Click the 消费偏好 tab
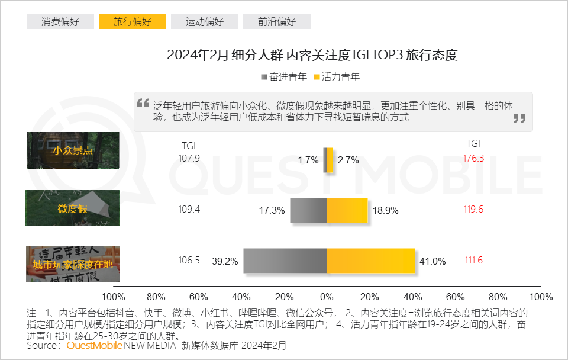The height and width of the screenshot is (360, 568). [x=60, y=22]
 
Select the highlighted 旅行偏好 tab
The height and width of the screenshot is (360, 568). [x=133, y=22]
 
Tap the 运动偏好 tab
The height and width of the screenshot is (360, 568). [x=205, y=22]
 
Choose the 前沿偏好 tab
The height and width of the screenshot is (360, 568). [x=277, y=22]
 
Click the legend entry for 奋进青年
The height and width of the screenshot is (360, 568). [x=283, y=77]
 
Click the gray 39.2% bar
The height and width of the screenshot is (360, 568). [x=285, y=261]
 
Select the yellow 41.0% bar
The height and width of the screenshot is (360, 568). [x=371, y=261]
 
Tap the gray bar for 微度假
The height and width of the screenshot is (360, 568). [x=308, y=210]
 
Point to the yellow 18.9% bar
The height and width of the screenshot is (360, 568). [x=347, y=210]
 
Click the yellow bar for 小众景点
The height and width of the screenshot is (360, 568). [x=330, y=160]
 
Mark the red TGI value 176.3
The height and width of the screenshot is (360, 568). [x=473, y=158]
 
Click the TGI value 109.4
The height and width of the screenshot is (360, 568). [x=189, y=209]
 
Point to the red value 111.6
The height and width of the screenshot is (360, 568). [x=473, y=261]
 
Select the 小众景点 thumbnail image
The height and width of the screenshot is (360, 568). [x=73, y=150]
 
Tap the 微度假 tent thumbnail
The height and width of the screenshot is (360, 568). [x=73, y=208]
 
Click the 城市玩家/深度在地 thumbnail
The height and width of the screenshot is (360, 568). [x=73, y=264]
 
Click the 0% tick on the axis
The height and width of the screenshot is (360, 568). [x=327, y=297]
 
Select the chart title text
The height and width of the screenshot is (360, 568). [x=312, y=56]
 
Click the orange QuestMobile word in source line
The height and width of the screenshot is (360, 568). [x=94, y=345]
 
